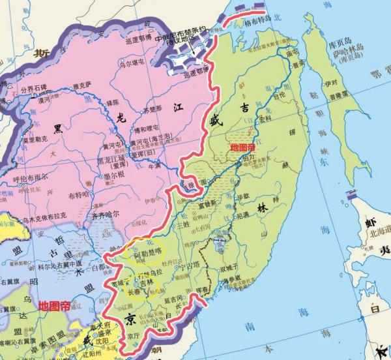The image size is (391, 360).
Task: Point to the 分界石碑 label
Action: coord(33,89)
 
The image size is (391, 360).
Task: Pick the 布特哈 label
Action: coord(97,194)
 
